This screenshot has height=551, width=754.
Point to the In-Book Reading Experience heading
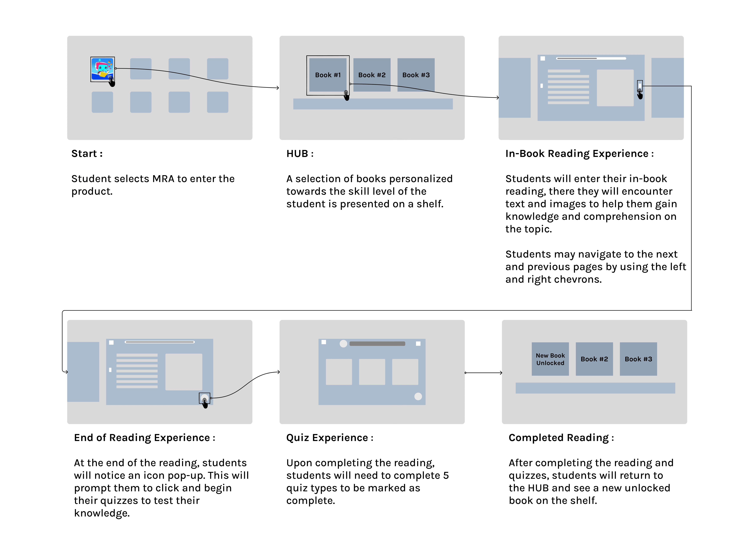pos(579,154)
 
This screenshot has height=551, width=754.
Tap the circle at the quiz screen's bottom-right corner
pos(418,396)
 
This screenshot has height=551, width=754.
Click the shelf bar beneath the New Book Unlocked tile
pos(595,388)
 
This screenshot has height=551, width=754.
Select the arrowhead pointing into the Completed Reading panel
pos(501,373)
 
